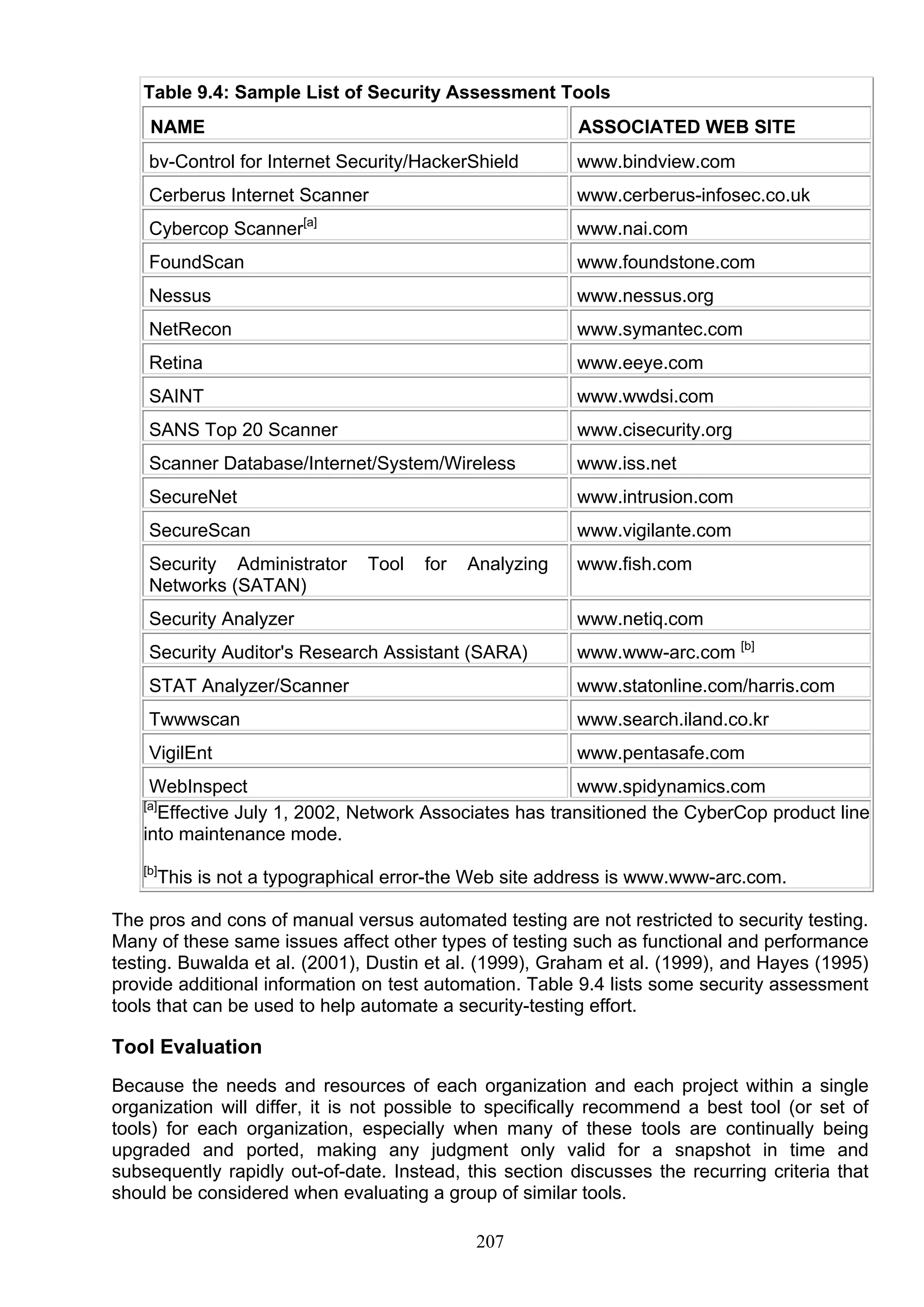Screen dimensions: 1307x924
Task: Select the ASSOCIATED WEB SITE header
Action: [686, 126]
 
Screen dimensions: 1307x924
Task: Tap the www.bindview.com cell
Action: [656, 161]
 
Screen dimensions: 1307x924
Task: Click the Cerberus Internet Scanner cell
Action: [259, 195]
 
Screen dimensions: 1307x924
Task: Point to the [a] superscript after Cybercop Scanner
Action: [310, 223]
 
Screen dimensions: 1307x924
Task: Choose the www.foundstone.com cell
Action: [665, 262]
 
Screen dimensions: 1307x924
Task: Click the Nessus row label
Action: [180, 296]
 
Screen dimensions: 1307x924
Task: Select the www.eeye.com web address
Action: [640, 363]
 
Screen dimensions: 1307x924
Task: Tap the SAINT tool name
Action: [176, 396]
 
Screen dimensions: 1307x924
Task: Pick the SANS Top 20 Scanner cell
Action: [243, 430]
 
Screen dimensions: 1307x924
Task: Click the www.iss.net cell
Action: [626, 463]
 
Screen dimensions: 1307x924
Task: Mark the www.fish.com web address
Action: [634, 564]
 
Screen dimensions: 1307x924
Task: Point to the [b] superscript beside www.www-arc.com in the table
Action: [748, 646]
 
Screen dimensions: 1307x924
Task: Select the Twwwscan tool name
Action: [194, 719]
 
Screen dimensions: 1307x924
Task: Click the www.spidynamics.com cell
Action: [670, 787]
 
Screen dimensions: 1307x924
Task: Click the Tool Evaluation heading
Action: [186, 1047]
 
